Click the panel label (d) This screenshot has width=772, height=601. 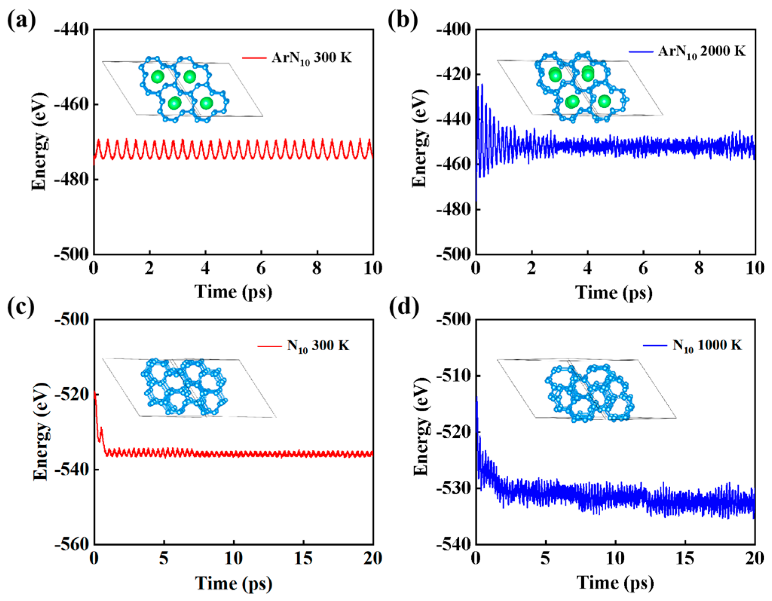click(x=404, y=306)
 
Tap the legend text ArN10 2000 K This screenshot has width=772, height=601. click(x=701, y=51)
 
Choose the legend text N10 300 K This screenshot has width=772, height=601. click(x=318, y=345)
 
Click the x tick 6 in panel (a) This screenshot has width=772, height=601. click(x=261, y=268)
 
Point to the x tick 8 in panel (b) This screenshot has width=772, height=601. click(x=699, y=268)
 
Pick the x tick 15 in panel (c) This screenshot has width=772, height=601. click(x=303, y=558)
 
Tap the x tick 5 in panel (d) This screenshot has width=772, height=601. click(x=545, y=558)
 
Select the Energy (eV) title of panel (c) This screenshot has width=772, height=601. click(x=41, y=432)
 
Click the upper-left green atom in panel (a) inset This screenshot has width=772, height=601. click(x=157, y=77)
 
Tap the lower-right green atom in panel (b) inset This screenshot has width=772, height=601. click(x=604, y=101)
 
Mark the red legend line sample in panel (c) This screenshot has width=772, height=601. click(x=269, y=346)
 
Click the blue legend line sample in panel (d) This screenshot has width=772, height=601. click(x=655, y=345)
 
